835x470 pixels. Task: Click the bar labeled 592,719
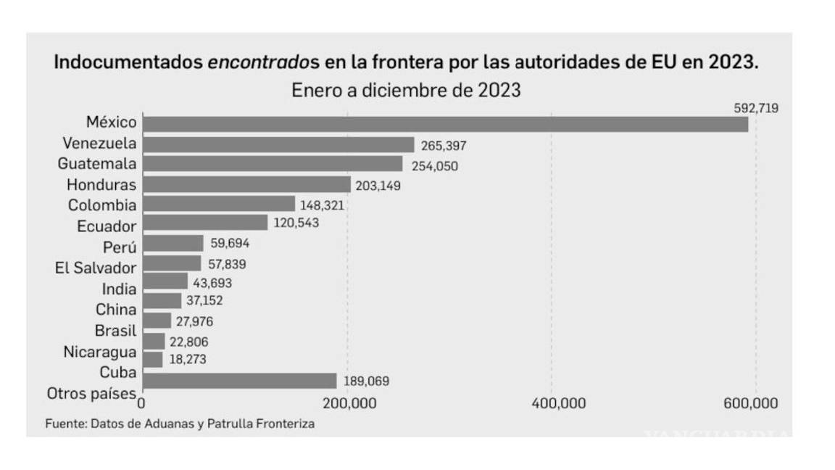445,125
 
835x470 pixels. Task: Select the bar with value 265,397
278,145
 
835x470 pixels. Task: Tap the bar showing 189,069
240,381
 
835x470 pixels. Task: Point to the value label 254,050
433,166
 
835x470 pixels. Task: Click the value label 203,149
378,186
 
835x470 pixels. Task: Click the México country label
111,123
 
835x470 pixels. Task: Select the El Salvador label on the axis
95,268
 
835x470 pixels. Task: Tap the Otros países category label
91,394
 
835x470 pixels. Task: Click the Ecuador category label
107,226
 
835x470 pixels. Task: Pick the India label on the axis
119,289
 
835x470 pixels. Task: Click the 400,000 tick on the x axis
553,404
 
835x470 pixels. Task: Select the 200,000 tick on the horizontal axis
349,404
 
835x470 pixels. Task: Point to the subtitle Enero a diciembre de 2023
407,91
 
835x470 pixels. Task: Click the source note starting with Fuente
180,424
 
